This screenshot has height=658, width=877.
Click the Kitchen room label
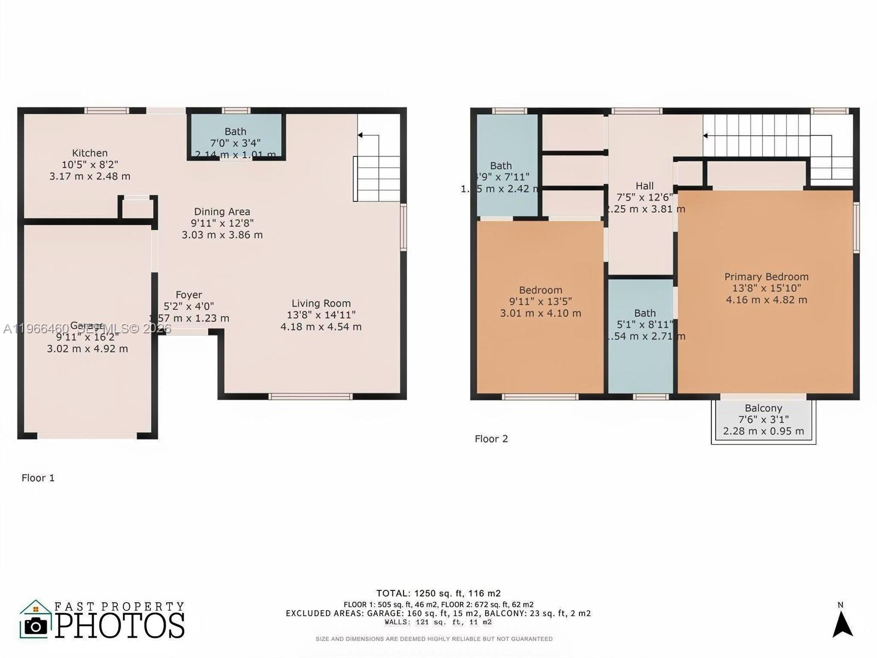pos(90,153)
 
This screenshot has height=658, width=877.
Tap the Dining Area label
pos(222,212)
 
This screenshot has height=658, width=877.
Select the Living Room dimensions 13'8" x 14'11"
pos(321,315)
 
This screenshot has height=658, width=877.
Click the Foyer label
pos(189,295)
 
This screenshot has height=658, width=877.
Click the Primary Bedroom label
pos(766,277)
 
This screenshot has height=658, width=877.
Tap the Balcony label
pos(763,408)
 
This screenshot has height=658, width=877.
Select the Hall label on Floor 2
pos(645,186)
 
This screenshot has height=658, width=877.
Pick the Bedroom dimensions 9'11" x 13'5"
pos(540,302)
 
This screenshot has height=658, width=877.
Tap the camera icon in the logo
pos(36,626)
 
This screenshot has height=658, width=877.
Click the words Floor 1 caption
pos(38,478)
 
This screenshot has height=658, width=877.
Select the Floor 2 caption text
pos(491,439)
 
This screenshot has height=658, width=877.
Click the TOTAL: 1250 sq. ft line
pos(438,593)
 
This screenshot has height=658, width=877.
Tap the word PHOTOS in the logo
pos(120,626)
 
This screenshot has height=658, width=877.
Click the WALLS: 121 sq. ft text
pos(438,622)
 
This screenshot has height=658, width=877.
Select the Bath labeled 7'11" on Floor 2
pos(501,166)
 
